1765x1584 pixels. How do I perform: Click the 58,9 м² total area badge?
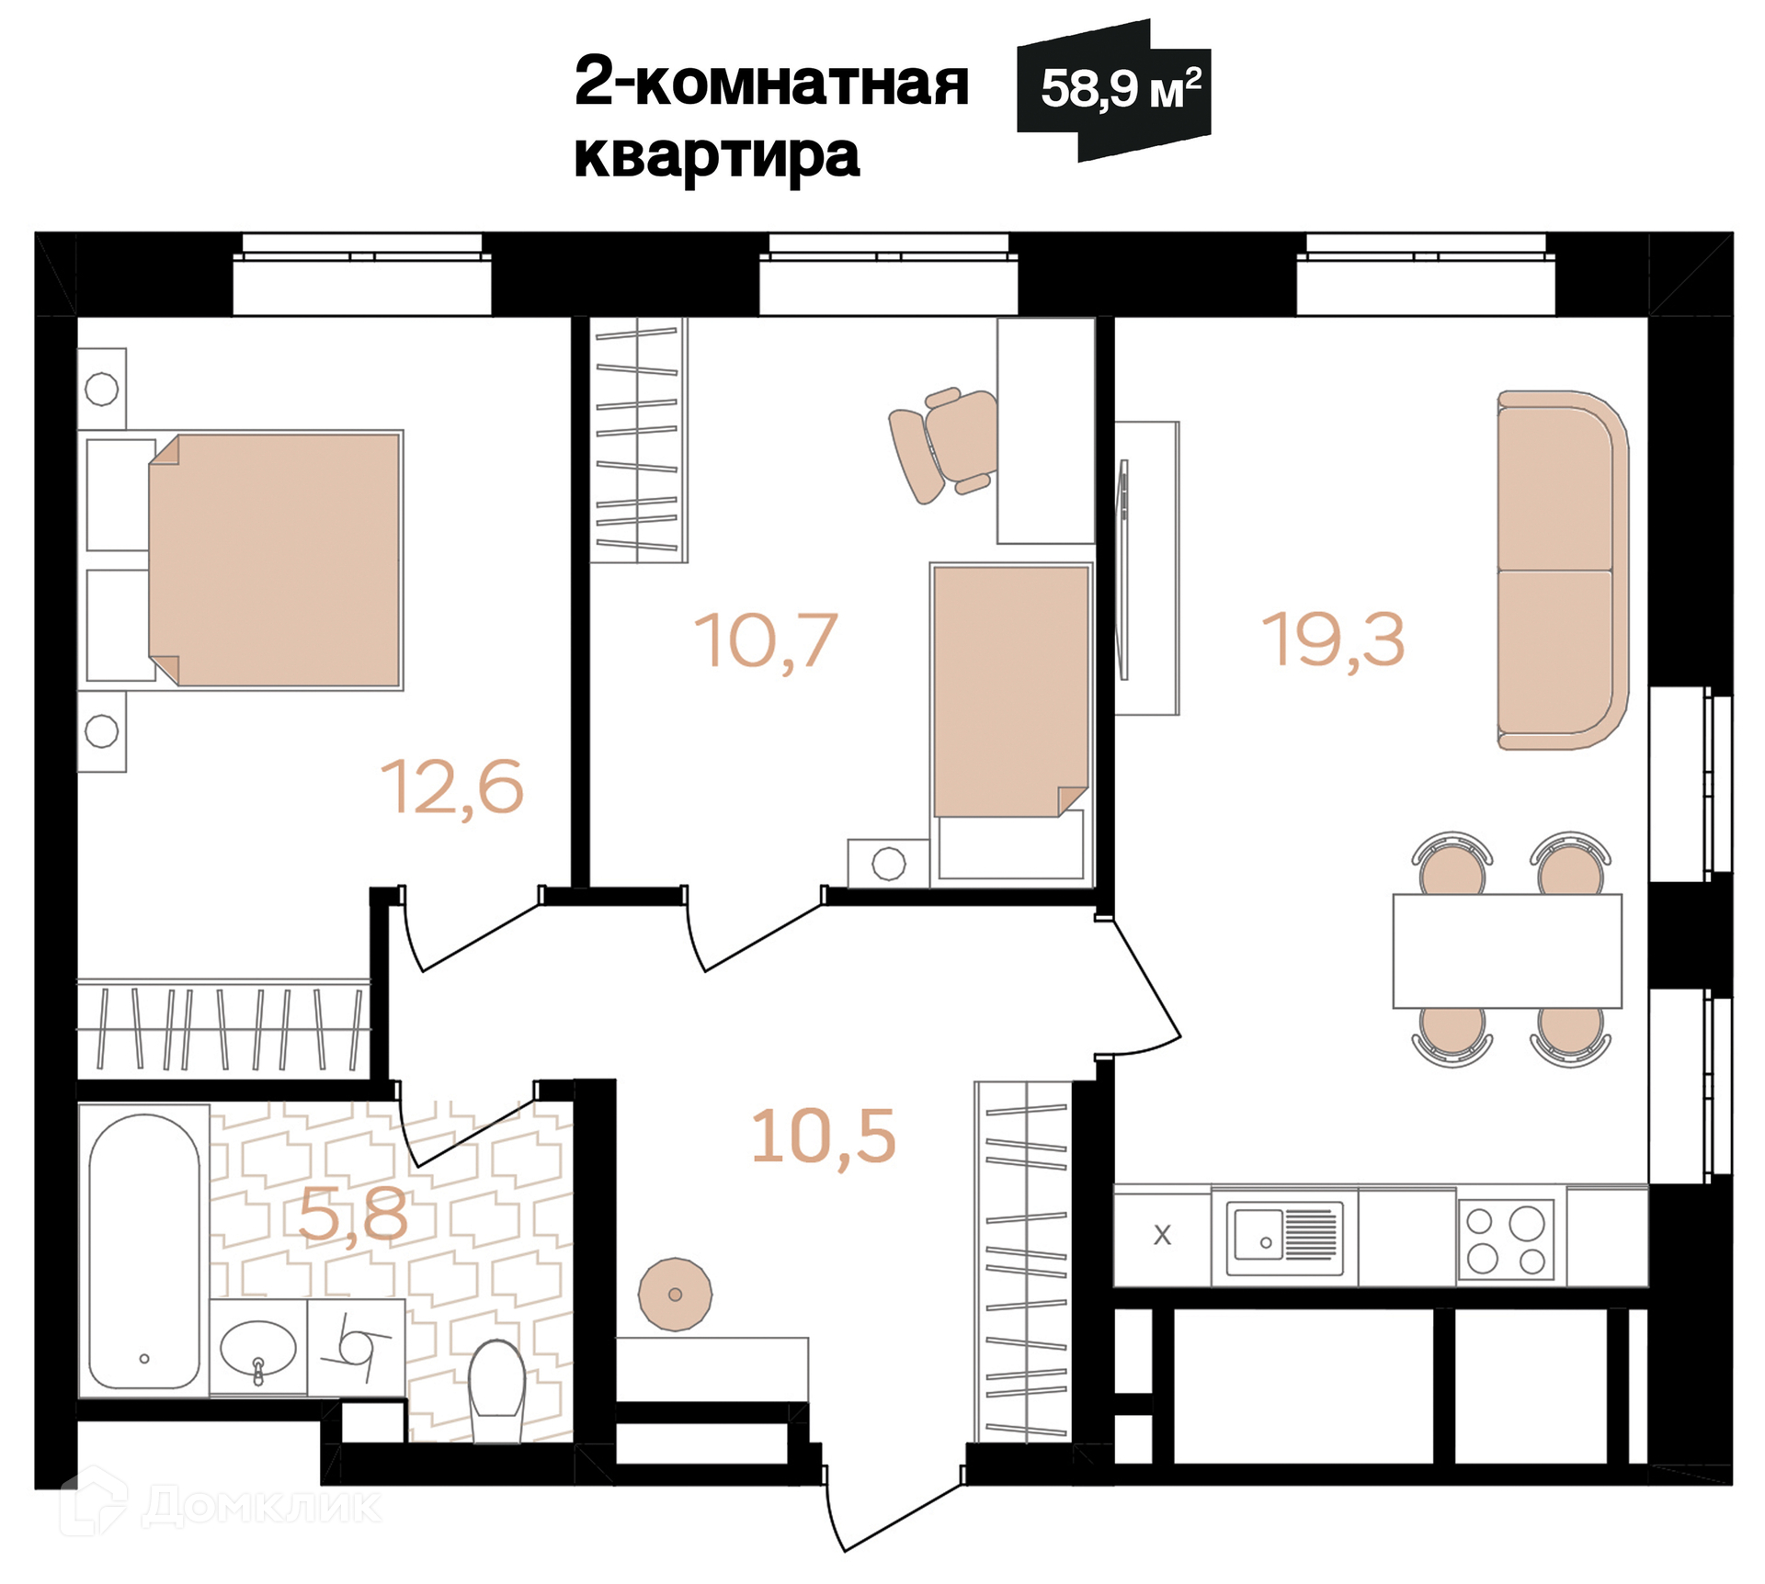pyautogui.click(x=1113, y=90)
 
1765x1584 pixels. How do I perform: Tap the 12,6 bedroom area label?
pyautogui.click(x=452, y=787)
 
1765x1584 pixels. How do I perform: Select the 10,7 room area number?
pyautogui.click(x=766, y=640)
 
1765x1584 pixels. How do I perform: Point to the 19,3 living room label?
pyautogui.click(x=1334, y=639)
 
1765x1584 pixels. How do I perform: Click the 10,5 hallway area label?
pyautogui.click(x=824, y=1137)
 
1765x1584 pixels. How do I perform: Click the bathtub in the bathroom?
pyautogui.click(x=144, y=1251)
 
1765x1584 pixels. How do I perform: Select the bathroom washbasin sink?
pyautogui.click(x=258, y=1348)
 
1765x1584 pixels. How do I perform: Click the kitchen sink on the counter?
pyautogui.click(x=1284, y=1234)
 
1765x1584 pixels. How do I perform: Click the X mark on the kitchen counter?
pyautogui.click(x=1162, y=1235)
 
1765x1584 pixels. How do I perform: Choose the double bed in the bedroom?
pyautogui.click(x=274, y=560)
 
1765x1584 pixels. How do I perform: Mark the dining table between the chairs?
pyautogui.click(x=1508, y=951)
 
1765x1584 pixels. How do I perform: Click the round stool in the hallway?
pyautogui.click(x=675, y=1295)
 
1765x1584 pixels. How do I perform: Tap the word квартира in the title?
pyautogui.click(x=717, y=156)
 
